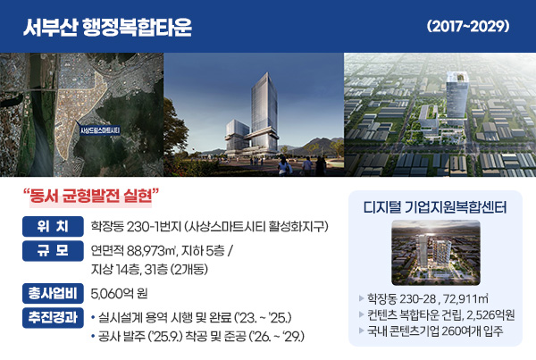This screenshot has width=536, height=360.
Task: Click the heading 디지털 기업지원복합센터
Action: point(436,208)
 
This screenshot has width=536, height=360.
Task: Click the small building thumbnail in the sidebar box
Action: point(435,252)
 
